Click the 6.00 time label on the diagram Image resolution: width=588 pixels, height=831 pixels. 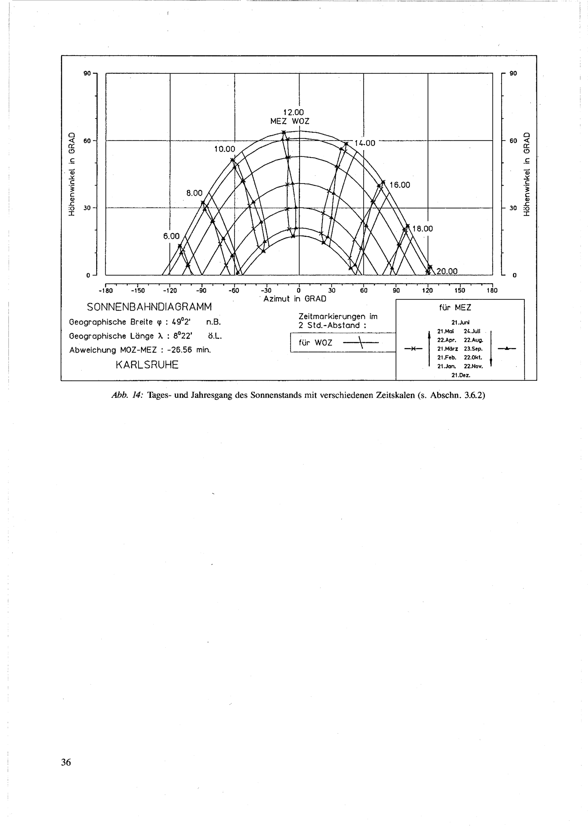click(x=171, y=236)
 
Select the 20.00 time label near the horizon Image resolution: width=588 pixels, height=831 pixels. click(x=447, y=272)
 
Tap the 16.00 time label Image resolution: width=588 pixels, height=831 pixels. click(x=400, y=185)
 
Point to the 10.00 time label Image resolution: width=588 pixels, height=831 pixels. click(x=225, y=149)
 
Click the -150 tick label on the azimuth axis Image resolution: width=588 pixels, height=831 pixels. click(x=137, y=291)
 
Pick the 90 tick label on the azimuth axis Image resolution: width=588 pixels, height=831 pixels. click(x=396, y=291)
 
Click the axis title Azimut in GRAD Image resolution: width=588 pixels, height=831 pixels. click(x=295, y=299)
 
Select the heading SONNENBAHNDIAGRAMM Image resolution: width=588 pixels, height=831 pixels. click(x=149, y=307)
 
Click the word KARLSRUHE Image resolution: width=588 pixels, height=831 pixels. click(x=147, y=365)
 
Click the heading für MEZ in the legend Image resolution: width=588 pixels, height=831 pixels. click(x=455, y=308)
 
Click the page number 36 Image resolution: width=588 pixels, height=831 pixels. click(x=66, y=763)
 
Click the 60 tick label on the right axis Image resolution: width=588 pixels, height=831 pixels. click(x=513, y=141)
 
